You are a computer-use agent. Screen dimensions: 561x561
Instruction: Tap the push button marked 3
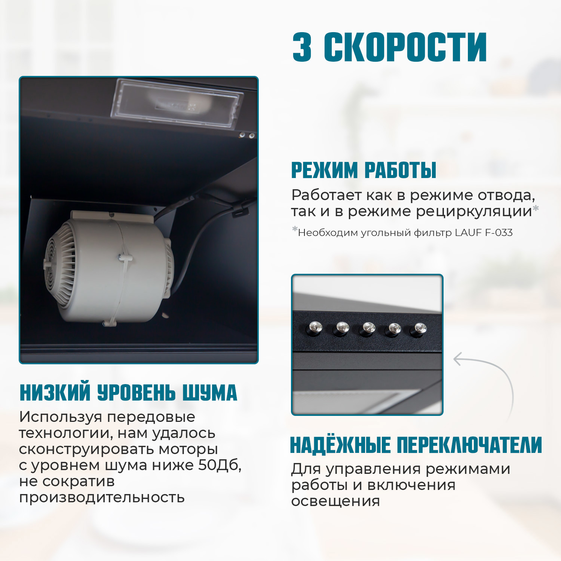tap(395, 329)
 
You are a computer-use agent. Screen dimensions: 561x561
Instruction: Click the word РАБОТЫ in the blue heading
tap(400, 171)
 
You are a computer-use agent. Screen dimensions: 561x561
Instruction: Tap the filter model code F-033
tap(499, 233)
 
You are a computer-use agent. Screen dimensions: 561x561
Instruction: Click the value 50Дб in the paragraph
tap(219, 465)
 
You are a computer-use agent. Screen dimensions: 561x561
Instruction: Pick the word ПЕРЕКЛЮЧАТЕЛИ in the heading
tap(469, 445)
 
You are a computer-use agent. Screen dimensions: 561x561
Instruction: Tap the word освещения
tap(335, 501)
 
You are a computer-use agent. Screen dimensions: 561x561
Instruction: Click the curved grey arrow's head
tap(457, 359)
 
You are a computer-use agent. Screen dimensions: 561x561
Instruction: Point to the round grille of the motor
tap(60, 264)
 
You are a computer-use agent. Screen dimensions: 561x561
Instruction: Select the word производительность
tap(102, 498)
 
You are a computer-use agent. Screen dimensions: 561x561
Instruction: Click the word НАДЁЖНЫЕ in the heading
tap(340, 445)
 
